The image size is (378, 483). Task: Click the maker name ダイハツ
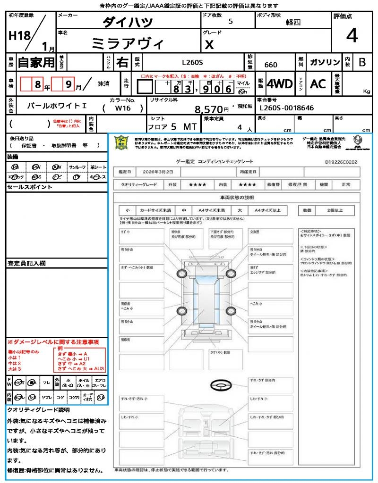128,22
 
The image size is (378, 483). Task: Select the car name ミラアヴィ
128,44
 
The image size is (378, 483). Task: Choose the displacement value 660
271,65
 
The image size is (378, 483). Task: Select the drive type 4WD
280,84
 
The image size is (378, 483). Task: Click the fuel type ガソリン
325,62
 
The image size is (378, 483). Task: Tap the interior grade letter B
362,62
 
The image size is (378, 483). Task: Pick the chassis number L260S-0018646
287,108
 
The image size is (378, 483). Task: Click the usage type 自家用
36,62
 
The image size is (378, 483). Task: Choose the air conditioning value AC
318,84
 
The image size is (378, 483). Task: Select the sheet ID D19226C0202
341,162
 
